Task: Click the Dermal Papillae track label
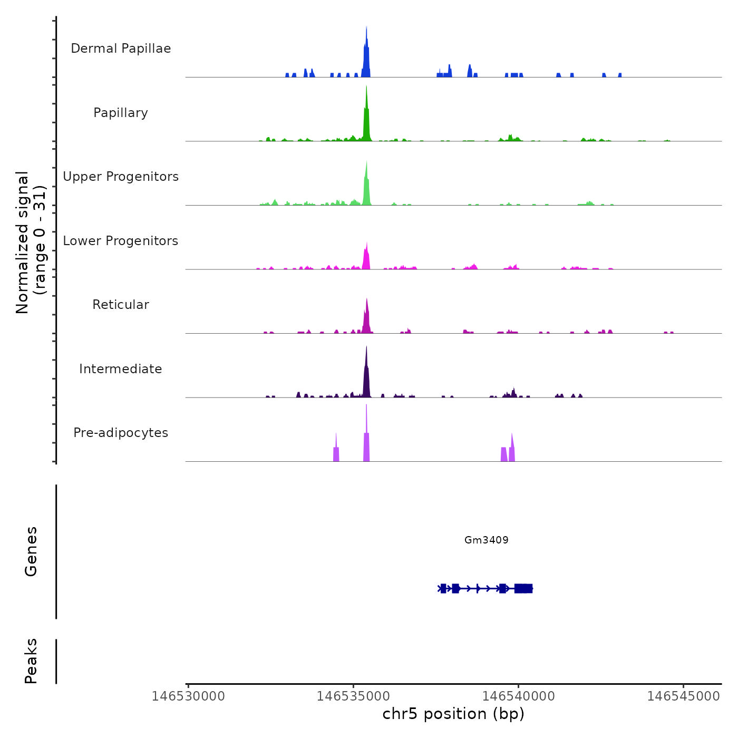point(121,48)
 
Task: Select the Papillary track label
point(121,113)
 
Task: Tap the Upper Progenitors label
point(121,177)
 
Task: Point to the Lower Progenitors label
point(121,241)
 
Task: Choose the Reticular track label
point(121,305)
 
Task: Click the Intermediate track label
point(121,369)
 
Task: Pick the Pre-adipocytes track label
point(121,433)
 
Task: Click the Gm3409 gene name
point(486,540)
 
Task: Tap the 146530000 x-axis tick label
point(188,696)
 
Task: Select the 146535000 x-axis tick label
point(353,696)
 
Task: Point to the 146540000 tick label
point(518,696)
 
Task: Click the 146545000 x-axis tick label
point(683,696)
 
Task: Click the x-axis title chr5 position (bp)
point(453,714)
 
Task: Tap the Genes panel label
point(31,551)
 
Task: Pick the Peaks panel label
point(31,661)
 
